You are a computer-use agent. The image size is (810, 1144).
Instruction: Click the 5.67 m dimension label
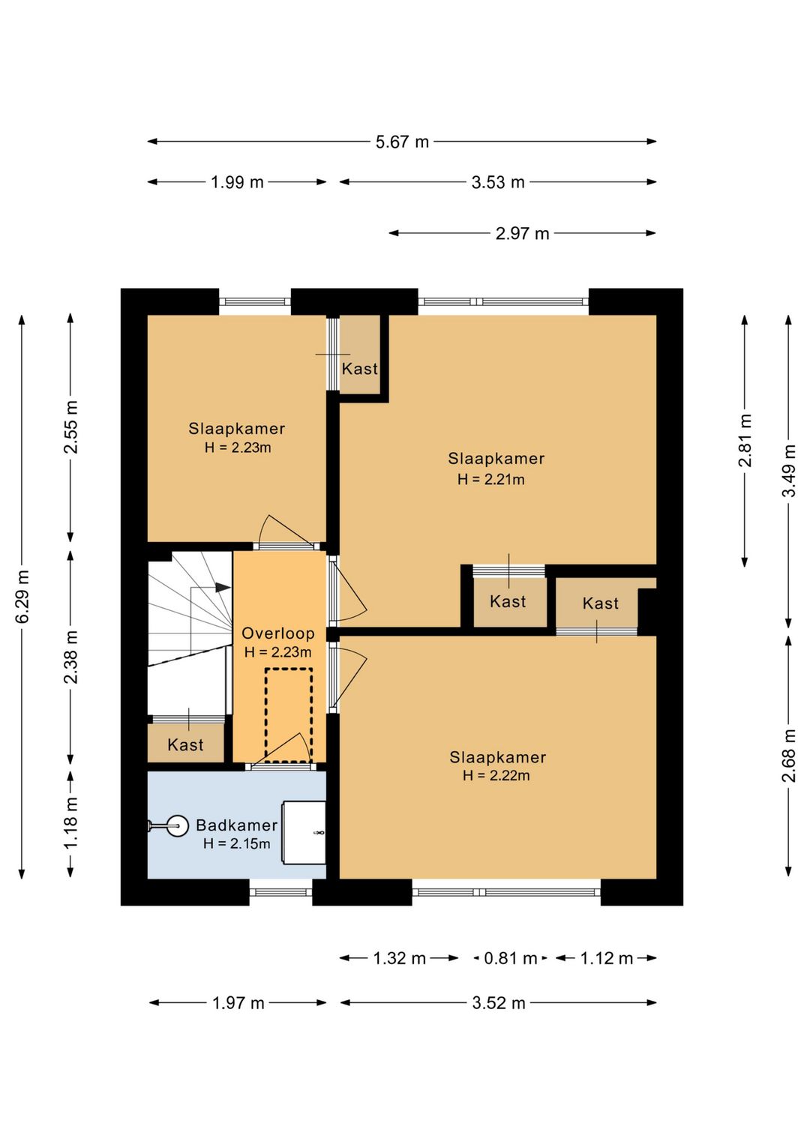click(402, 142)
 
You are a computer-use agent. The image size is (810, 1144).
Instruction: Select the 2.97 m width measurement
click(522, 233)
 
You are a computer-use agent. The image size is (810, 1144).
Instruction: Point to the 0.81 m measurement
click(511, 959)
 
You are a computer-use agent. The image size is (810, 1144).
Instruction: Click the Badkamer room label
click(236, 825)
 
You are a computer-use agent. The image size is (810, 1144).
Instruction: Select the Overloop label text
click(278, 633)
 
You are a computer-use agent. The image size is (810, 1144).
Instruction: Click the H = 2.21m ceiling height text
click(491, 479)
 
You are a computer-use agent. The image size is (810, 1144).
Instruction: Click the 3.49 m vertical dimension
click(790, 470)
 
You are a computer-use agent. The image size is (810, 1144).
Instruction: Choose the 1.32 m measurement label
click(399, 959)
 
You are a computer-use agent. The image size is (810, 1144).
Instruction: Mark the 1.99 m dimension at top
click(237, 182)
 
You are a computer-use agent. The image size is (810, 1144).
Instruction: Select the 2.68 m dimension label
click(790, 756)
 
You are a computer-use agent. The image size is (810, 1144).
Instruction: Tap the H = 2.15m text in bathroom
click(236, 843)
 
